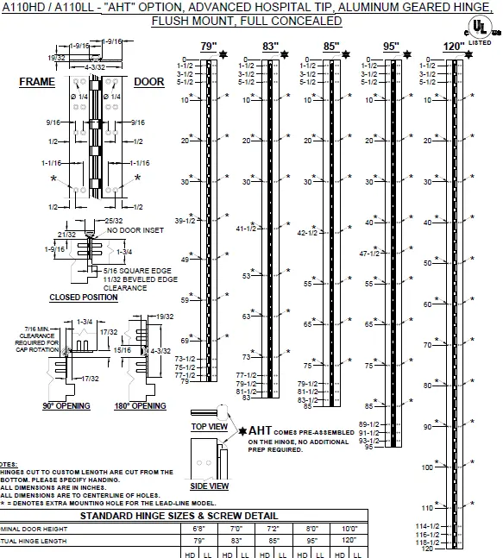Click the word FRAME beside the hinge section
click(x=37, y=82)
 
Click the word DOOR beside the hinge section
click(x=148, y=82)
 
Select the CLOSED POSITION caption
click(x=84, y=298)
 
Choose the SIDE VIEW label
click(x=210, y=486)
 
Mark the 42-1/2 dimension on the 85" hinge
click(x=308, y=233)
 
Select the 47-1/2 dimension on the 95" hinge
click(x=370, y=254)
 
